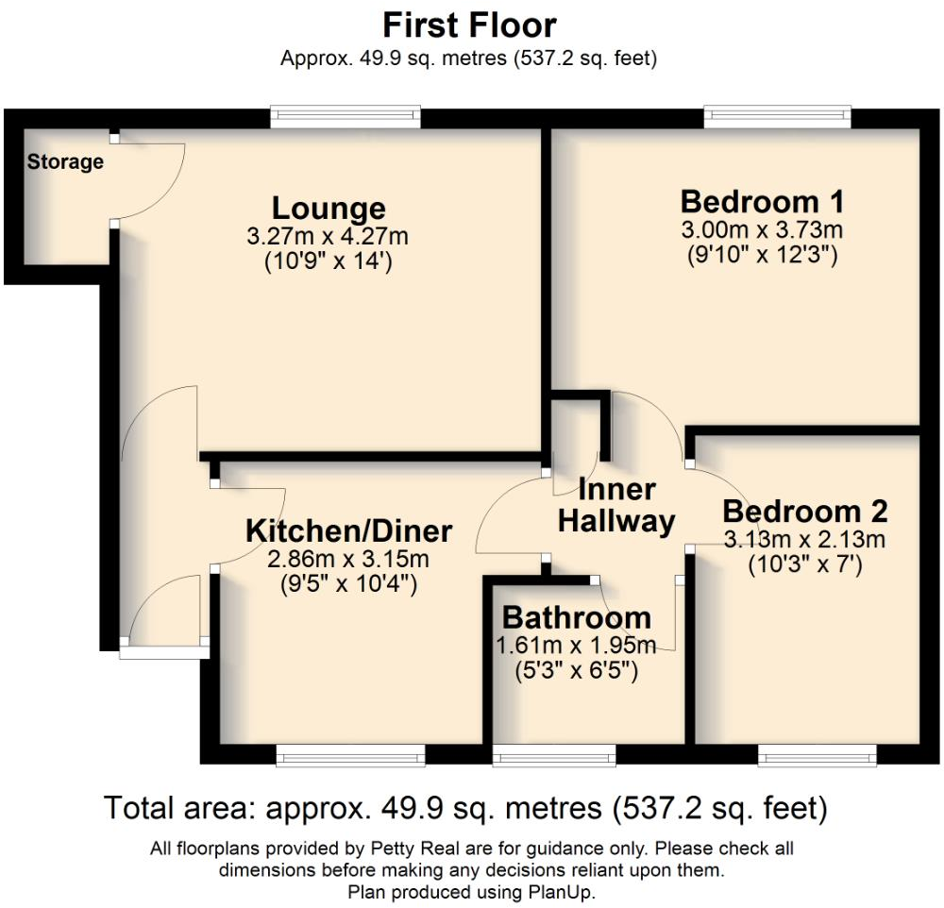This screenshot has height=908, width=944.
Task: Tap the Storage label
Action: (x=65, y=162)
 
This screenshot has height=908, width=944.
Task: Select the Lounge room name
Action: (x=329, y=208)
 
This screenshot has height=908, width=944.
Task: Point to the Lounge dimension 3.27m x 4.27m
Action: (x=329, y=235)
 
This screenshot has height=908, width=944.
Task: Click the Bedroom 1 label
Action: (x=762, y=202)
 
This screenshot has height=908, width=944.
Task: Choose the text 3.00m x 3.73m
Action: (x=762, y=229)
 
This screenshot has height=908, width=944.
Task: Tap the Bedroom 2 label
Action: (x=805, y=512)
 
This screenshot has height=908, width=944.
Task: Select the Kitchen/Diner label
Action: (x=349, y=530)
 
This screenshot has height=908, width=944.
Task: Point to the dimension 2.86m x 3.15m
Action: (x=349, y=559)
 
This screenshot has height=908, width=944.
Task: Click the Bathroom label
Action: (x=577, y=618)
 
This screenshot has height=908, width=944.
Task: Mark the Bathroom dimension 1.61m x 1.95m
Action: (x=577, y=646)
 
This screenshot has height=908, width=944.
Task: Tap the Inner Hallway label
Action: (x=617, y=505)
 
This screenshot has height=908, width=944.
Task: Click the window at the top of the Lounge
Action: (x=345, y=117)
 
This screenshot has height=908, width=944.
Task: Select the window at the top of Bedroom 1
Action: (x=777, y=117)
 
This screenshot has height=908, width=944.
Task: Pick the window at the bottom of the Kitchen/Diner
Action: (x=350, y=754)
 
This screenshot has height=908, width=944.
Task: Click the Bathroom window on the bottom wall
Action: (x=554, y=754)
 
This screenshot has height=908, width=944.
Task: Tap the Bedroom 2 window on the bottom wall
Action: (x=818, y=754)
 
